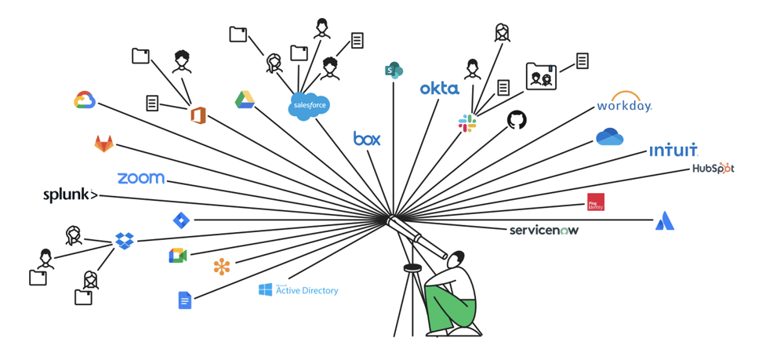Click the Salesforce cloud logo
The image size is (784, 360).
coord(308,105)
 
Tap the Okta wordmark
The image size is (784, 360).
coord(439,89)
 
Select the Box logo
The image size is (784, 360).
coord(367,139)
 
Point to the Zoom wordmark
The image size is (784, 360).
coord(141,178)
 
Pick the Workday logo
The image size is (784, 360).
coord(624,103)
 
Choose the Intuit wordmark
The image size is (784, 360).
coord(673,150)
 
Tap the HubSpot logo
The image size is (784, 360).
coord(713,168)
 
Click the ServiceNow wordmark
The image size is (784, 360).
coord(544,230)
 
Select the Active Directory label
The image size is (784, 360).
coord(299,290)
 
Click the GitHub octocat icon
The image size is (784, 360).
coord(517,120)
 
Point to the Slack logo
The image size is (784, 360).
coord(467,122)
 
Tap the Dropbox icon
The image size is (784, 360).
coord(124,240)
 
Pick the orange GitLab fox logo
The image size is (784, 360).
coord(103,143)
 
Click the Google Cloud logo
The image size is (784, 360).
coord(85,100)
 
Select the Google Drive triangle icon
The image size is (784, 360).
coord(245,100)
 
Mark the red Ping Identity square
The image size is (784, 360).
coord(596,202)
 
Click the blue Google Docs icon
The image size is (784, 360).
coord(184,300)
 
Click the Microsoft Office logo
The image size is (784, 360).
coord(198,115)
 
